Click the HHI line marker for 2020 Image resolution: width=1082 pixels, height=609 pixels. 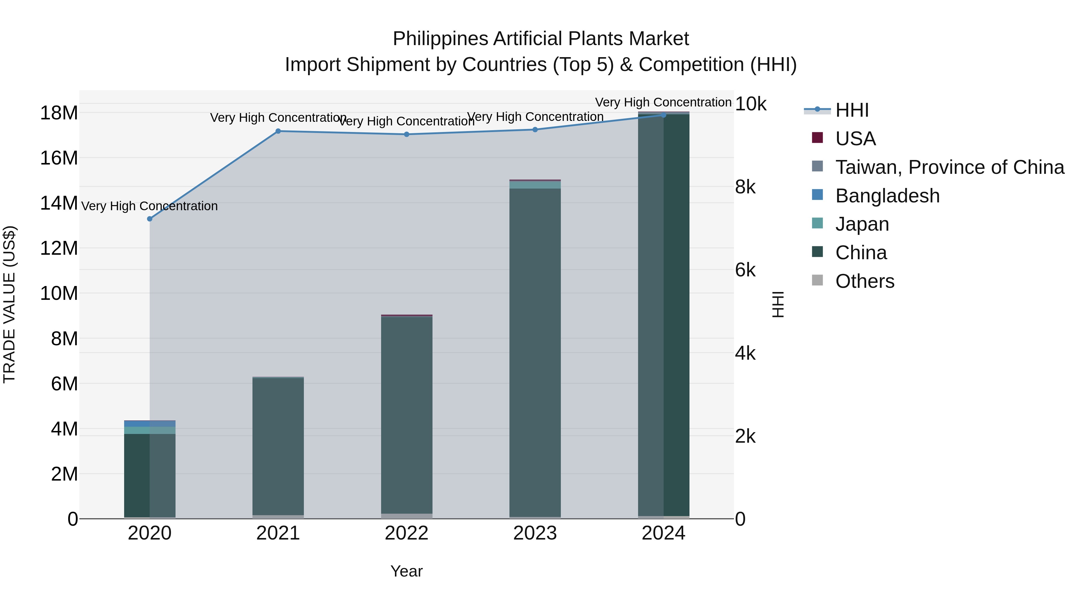coord(150,219)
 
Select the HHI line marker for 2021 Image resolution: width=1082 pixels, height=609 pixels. coord(278,131)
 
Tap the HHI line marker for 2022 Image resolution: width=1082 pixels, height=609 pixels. coord(407,134)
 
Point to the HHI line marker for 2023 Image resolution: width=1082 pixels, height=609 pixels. coord(535,130)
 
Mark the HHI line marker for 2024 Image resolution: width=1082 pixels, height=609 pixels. coord(664,115)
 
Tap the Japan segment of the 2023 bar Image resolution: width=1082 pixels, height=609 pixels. coord(535,185)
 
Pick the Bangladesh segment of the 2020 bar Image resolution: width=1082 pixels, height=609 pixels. coord(150,424)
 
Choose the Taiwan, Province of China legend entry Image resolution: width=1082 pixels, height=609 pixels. coord(949,167)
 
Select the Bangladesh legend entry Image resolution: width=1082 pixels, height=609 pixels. coord(887,196)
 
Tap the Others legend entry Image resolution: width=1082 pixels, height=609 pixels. coord(864,281)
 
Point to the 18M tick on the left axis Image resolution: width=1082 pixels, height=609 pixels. coord(59,113)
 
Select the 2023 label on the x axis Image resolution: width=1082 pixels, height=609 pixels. coord(535,533)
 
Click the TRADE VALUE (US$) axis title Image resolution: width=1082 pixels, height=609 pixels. coord(9,304)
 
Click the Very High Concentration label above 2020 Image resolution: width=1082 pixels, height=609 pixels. coord(150,206)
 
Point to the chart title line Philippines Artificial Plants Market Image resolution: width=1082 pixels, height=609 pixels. coord(541,39)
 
